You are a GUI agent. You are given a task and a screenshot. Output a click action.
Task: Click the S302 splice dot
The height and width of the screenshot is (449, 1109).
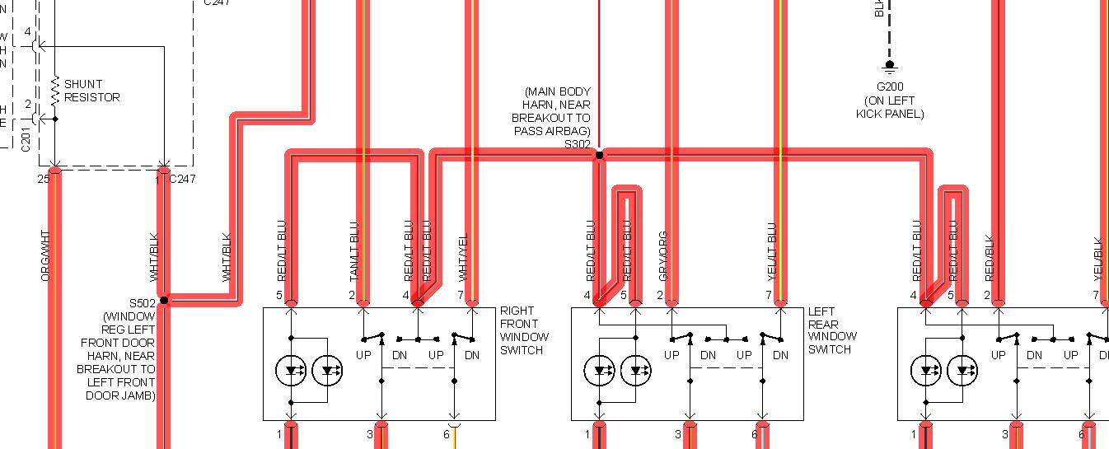pyautogui.click(x=599, y=155)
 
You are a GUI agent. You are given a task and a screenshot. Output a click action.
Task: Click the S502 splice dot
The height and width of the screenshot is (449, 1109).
pyautogui.click(x=163, y=300)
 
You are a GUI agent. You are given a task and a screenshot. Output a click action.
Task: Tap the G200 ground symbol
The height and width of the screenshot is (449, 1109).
pyautogui.click(x=889, y=65)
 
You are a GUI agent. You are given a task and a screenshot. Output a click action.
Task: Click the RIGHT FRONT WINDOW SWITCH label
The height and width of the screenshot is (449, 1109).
pyautogui.click(x=524, y=330)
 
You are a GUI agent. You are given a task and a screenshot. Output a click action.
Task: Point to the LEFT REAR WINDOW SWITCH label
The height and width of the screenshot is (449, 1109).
pyautogui.click(x=832, y=330)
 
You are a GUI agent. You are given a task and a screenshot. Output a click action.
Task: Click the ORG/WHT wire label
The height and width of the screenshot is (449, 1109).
pyautogui.click(x=46, y=256)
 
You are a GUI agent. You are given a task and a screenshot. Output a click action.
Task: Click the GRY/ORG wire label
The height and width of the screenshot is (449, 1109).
pyautogui.click(x=662, y=255)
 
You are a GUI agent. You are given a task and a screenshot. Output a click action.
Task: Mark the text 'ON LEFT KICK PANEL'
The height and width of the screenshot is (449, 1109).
pyautogui.click(x=890, y=107)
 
